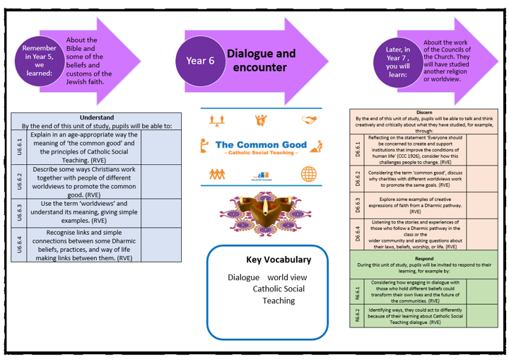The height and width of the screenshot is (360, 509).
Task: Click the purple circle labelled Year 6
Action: point(201,61)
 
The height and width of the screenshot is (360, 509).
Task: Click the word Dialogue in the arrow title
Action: point(251,54)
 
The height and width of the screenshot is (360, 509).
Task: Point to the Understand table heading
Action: point(96,118)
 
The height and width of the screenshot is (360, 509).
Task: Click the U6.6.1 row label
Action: point(19,146)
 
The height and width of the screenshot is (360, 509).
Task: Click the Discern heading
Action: point(423,112)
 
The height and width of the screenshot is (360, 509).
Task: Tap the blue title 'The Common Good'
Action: point(261,144)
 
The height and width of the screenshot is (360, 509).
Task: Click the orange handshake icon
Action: point(308,119)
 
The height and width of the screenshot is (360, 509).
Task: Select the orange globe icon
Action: point(308,173)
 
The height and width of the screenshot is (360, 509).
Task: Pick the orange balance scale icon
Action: point(216,120)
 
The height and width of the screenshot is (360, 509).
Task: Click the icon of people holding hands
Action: point(216,173)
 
